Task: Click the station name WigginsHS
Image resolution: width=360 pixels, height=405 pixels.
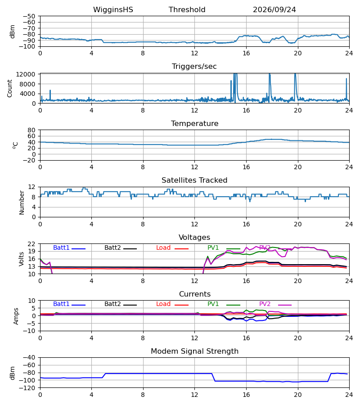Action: pos(113,10)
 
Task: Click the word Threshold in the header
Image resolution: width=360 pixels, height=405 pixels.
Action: pos(187,10)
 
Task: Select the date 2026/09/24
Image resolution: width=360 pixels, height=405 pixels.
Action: pos(274,10)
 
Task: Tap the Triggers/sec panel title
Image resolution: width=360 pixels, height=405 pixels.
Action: pos(194,67)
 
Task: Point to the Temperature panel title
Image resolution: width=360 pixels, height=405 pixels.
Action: pos(194,123)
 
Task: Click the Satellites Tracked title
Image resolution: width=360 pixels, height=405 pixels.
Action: pos(194,180)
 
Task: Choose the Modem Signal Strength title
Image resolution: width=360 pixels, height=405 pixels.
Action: pos(194,351)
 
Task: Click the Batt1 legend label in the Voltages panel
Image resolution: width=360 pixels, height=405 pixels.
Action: pos(61,247)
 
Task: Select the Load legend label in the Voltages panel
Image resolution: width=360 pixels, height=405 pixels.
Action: pos(163,247)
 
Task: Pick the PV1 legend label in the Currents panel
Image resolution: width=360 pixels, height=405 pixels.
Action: pos(213,304)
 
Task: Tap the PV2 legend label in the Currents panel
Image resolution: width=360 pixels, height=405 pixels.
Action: pos(265,304)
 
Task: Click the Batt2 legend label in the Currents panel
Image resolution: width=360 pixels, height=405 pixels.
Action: pos(112,304)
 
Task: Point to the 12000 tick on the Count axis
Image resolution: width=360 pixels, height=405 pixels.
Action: pos(26,74)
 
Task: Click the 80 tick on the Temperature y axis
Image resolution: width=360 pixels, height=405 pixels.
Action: pos(31,130)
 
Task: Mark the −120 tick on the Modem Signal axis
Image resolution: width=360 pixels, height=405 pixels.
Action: pos(29,388)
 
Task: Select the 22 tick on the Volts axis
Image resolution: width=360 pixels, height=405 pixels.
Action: pos(31,244)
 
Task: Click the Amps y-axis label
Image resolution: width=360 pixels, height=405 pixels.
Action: pos(16,316)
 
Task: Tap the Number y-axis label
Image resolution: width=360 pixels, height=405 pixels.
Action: pos(22,203)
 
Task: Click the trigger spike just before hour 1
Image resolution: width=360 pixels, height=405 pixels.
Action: pos(50,95)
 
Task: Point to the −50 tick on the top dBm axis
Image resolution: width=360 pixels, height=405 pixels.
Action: pos(29,16)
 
